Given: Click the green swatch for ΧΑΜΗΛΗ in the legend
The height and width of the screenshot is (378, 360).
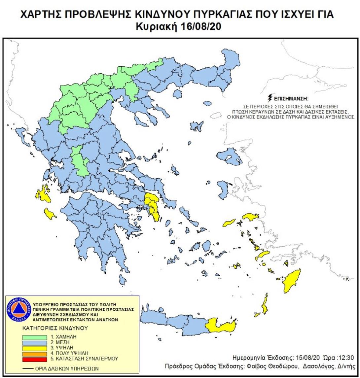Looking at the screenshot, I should (x=35, y=337).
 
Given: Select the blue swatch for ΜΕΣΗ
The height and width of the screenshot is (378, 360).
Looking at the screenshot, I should (x=35, y=342).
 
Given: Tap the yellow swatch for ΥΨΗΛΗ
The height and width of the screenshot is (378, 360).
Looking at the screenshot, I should (x=35, y=348).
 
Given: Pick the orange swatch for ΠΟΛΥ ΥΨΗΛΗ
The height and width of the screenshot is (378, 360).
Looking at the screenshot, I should (x=35, y=353).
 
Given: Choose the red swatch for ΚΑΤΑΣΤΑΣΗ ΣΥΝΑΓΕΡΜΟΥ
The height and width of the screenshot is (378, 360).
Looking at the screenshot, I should (x=35, y=358).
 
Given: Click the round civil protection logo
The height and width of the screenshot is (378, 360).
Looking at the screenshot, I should (x=19, y=311).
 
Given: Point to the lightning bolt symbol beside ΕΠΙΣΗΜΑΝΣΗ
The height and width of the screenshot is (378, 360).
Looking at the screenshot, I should (x=270, y=98).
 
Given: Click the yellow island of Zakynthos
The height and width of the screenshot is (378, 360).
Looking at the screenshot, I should (x=50, y=214).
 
